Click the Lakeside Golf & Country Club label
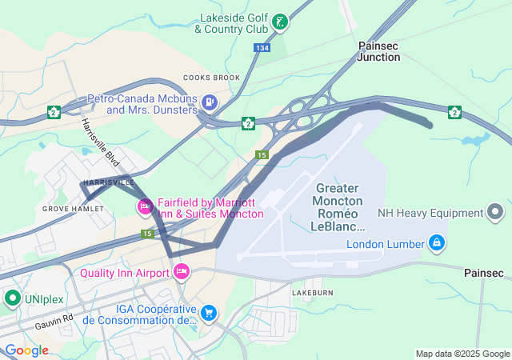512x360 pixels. click(231, 23)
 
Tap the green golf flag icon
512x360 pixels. click(280, 22)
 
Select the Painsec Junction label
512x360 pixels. click(378, 52)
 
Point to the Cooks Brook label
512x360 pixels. click(211, 78)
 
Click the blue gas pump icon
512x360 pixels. click(210, 102)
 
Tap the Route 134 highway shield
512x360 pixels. click(263, 48)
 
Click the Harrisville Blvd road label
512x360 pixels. click(99, 142)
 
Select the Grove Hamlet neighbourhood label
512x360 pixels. click(73, 209)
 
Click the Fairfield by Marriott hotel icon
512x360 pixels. click(145, 207)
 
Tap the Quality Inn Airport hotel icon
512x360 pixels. click(182, 272)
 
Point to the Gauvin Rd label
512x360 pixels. click(54, 322)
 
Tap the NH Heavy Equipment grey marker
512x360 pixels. click(496, 213)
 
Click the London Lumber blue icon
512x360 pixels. click(437, 242)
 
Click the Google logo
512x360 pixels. click(26, 350)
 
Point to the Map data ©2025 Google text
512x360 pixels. click(462, 354)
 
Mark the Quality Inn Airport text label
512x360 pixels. click(125, 273)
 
